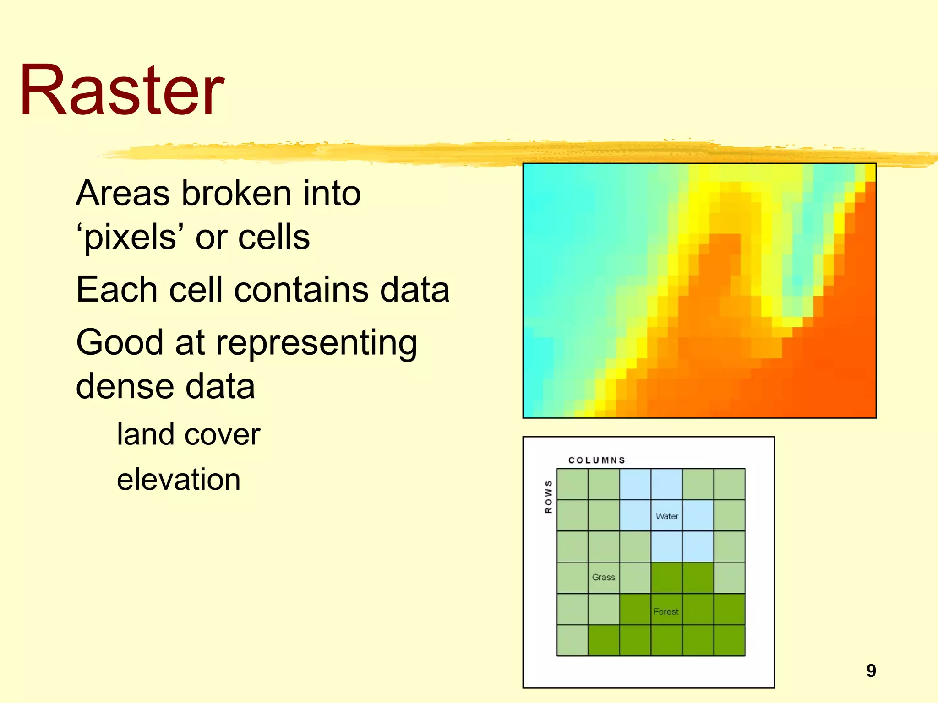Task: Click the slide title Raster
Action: coord(122,90)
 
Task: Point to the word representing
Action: coord(316,343)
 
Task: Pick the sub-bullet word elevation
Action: coord(179,479)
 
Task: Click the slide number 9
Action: coord(871,671)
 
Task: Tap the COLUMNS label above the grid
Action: coord(596,460)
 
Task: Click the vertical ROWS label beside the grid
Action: coord(548,497)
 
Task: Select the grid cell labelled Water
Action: coord(666,516)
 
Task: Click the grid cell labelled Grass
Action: coord(604,578)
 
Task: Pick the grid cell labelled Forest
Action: coord(666,610)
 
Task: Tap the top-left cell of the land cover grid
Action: coord(573,484)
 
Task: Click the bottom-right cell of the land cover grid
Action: coord(729,641)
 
